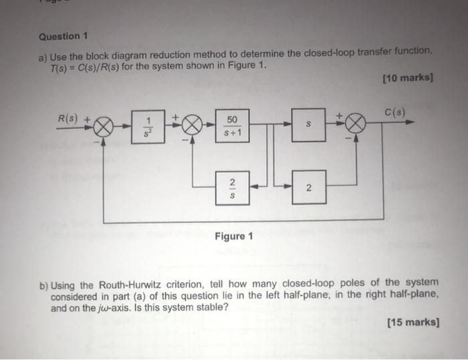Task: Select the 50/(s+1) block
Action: point(232,124)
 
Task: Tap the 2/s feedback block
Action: point(232,189)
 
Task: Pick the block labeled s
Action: point(309,124)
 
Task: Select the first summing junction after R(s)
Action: point(105,125)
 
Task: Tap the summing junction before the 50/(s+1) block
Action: point(193,125)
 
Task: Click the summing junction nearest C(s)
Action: point(356,125)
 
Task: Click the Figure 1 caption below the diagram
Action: point(233,236)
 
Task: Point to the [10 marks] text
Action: point(407,79)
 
